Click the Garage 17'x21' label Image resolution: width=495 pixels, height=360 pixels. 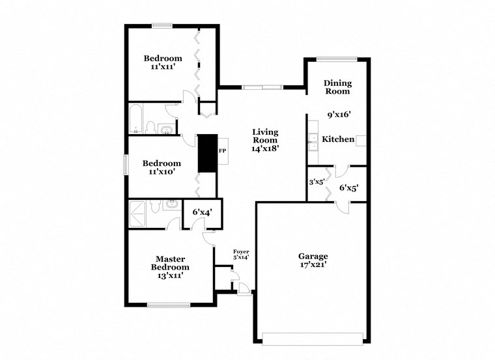pos(313,260)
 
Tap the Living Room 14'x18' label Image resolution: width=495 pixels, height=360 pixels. pos(265,140)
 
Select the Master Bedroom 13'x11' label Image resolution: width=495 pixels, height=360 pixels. pos(170,266)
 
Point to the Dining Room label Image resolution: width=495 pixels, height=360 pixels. pos(337,87)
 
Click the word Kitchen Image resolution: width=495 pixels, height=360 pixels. pos(339,139)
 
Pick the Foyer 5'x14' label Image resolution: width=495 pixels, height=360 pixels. pos(241,254)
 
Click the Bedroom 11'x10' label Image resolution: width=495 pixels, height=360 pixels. pos(162,167)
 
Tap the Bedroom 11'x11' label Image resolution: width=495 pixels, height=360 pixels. pos(163,62)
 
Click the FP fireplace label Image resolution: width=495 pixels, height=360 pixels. pos(222,151)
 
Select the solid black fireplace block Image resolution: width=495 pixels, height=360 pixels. pos(207,154)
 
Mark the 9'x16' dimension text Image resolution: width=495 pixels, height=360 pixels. pos(339,115)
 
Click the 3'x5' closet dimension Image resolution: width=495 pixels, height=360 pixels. pos(317,182)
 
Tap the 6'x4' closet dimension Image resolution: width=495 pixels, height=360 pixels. pos(202,212)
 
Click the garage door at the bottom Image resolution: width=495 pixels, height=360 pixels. pos(313,338)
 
